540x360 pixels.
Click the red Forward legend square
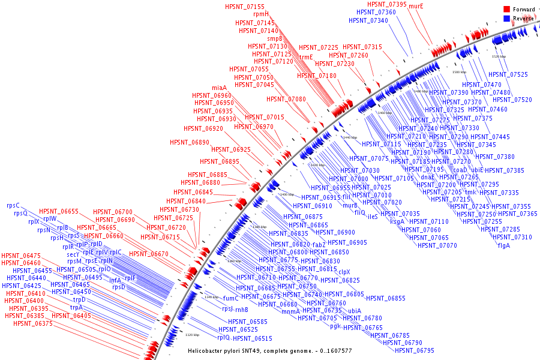tap(507, 10)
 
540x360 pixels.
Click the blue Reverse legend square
tap(507, 19)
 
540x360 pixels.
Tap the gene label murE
tap(416, 7)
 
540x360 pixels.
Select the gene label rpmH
tap(261, 14)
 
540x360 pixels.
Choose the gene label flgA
tap(503, 245)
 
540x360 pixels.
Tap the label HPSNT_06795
tap(415, 350)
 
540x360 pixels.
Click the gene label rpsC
tap(13, 205)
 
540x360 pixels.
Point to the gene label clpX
tap(344, 272)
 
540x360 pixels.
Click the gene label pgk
tap(335, 326)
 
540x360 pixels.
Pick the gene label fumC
tap(231, 298)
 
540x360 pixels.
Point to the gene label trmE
tap(306, 57)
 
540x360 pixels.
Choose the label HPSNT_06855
tap(386, 298)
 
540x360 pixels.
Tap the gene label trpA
tap(76, 307)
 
